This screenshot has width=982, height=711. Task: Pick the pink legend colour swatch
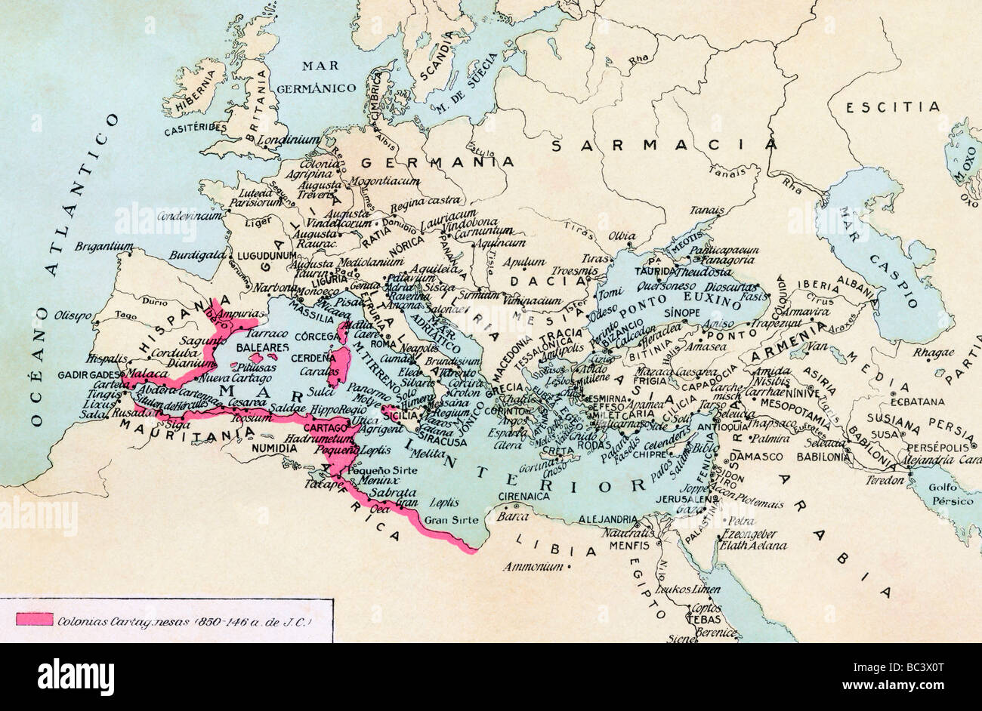[34, 620]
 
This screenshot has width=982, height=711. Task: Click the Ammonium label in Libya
[533, 565]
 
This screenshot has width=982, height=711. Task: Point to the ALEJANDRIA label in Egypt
[610, 519]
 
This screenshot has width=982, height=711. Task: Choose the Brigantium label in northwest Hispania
[104, 246]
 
